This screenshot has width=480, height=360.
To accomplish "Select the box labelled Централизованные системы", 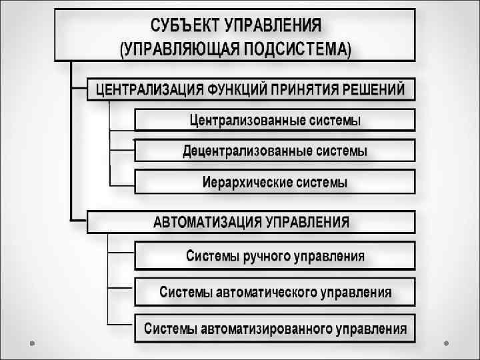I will coord(275,120).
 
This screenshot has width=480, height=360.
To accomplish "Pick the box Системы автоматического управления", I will coord(275,292).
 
